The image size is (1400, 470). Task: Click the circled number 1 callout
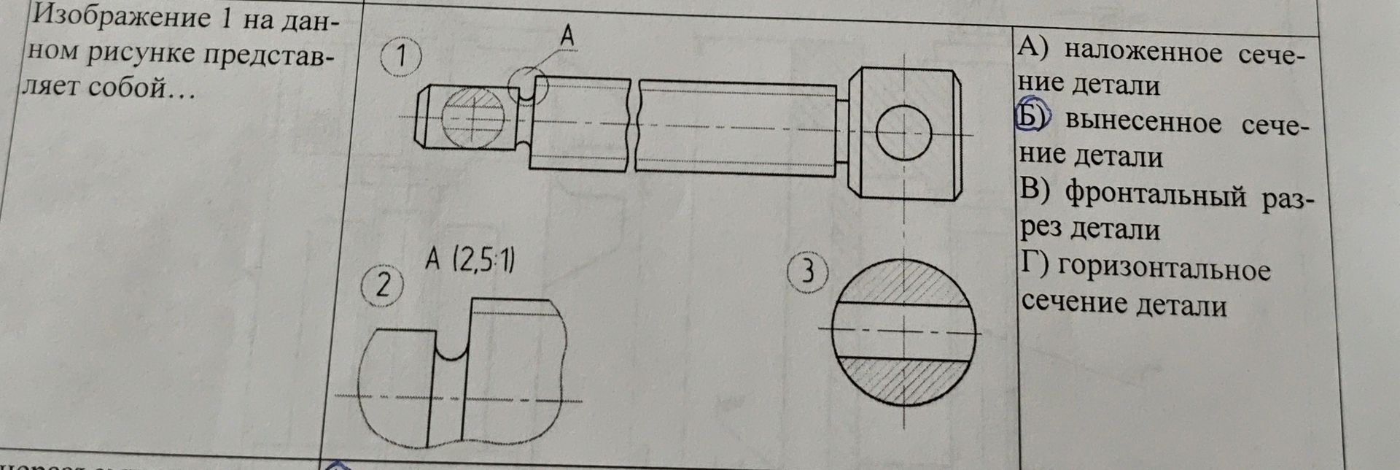click(400, 56)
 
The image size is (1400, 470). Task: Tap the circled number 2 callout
click(382, 285)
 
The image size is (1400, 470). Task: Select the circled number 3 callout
click(809, 272)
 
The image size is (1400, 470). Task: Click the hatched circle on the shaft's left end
click(472, 117)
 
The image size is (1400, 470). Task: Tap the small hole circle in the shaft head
click(904, 134)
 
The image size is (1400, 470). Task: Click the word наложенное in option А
click(1143, 52)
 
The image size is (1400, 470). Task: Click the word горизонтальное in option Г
click(1164, 269)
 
